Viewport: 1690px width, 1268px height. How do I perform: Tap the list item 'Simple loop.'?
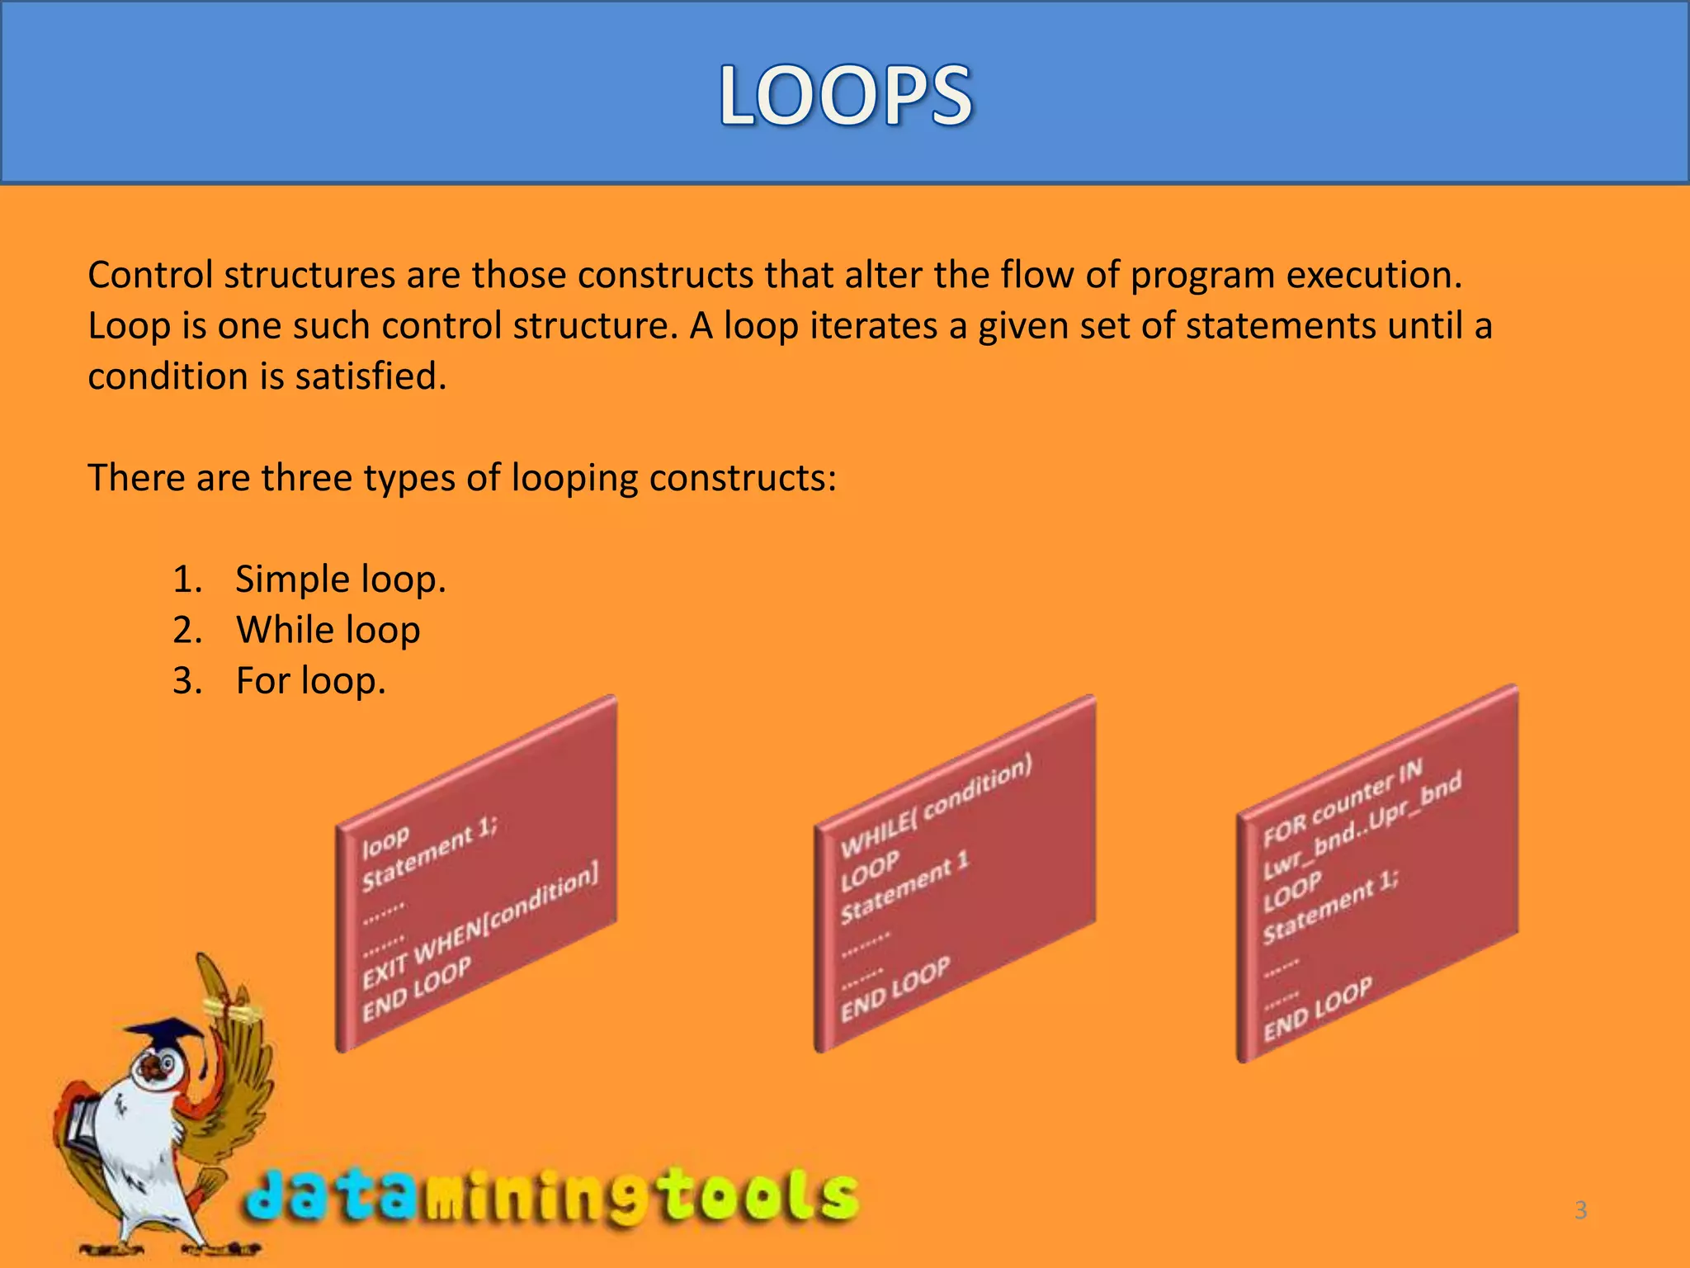tap(340, 579)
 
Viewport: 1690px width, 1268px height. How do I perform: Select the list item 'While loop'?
tap(328, 630)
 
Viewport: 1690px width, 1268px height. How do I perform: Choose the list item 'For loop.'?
tap(310, 681)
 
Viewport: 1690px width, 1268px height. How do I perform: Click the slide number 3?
tap(1580, 1210)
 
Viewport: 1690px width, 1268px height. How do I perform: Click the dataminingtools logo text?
tap(551, 1195)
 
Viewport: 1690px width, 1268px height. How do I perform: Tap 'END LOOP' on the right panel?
tap(1318, 1008)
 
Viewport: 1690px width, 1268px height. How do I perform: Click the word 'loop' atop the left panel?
tap(385, 841)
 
